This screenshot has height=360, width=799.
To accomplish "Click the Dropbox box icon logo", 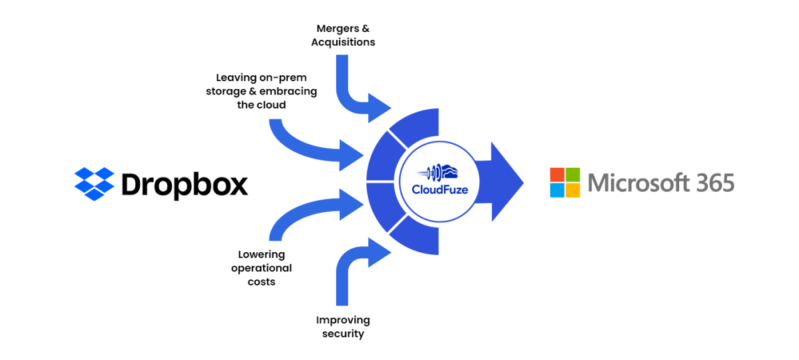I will [x=95, y=183].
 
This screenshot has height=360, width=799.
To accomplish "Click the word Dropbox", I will [x=184, y=184].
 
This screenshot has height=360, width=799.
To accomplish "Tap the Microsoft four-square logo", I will [x=565, y=182].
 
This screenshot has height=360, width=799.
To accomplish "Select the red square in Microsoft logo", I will [x=557, y=174].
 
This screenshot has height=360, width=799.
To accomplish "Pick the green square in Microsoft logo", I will [x=573, y=174].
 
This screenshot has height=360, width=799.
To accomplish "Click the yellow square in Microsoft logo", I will [x=573, y=190].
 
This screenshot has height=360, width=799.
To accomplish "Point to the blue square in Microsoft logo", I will [x=557, y=190].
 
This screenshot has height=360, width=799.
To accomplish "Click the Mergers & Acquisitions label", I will [x=345, y=35].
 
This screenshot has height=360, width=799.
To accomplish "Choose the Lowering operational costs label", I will [x=261, y=268].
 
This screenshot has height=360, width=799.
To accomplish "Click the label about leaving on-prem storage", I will [x=261, y=91].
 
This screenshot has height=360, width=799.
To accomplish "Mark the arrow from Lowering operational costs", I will [x=313, y=213].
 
